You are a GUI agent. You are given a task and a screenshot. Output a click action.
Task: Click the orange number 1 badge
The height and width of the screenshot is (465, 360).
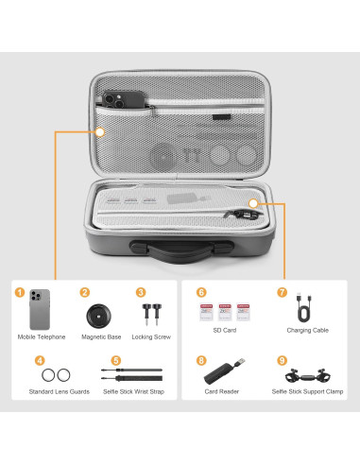[20, 293]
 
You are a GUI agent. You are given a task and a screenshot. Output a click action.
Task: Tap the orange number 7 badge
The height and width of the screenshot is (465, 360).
[281, 293]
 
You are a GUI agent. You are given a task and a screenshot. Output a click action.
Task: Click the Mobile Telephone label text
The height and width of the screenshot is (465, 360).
[42, 336]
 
